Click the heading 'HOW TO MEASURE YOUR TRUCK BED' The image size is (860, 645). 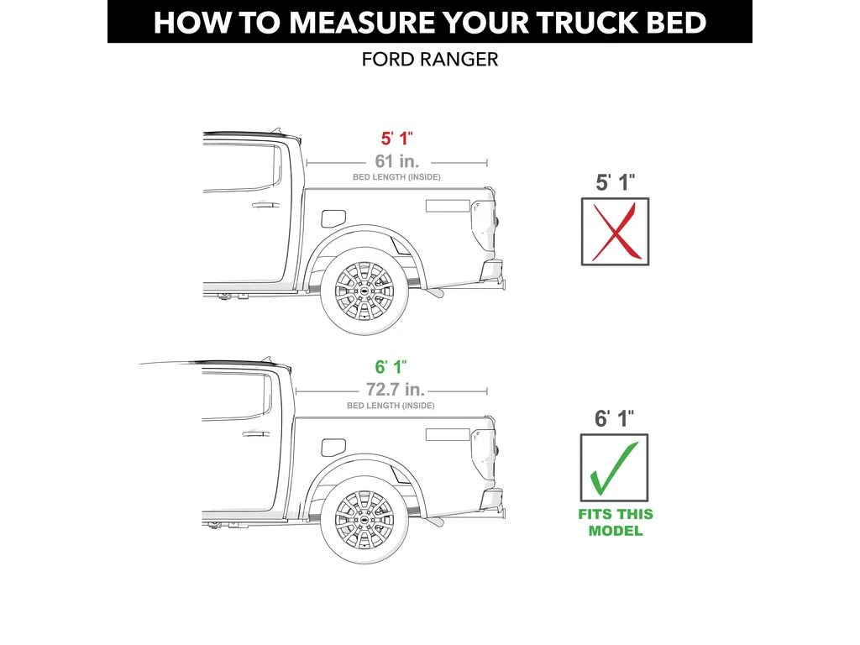coord(429,22)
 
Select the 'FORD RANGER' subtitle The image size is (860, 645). coord(429,60)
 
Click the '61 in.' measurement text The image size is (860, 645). coord(396,161)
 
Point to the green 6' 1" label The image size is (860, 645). coord(391,368)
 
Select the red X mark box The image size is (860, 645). coord(615,232)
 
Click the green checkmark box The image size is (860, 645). coord(615,468)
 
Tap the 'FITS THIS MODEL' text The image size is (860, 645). coord(615,522)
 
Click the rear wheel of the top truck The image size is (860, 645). coord(364,290)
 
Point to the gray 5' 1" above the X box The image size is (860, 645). coord(615,182)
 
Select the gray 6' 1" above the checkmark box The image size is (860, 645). coord(615,417)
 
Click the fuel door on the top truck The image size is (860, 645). coord(333,217)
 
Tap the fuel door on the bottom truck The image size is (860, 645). coord(333,446)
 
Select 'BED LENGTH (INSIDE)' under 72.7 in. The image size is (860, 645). coord(391,406)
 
